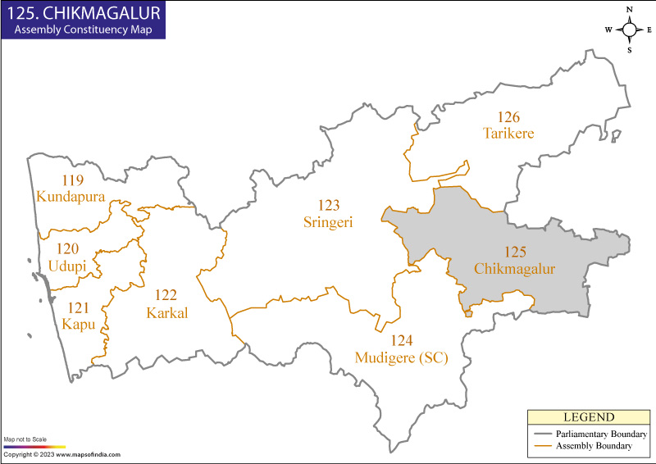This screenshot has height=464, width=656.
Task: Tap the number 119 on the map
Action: coord(72,180)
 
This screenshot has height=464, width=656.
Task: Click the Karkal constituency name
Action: coord(167,312)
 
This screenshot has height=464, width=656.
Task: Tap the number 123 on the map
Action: coord(328,205)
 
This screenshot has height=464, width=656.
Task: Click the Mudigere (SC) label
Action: coord(401,357)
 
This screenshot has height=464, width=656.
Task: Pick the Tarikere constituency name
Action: coord(508,133)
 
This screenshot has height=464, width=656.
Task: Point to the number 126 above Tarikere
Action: coord(508,117)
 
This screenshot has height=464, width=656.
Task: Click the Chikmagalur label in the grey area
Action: coord(515,268)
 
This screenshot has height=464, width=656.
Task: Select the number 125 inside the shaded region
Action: coord(516,252)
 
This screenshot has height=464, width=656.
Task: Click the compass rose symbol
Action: coord(630,30)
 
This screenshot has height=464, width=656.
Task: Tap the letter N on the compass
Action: coord(630,10)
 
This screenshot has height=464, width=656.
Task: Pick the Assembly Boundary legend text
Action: coord(596,446)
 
